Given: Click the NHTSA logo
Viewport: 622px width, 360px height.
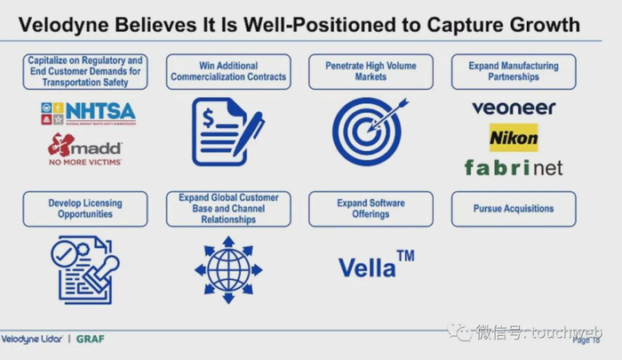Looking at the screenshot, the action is tap(87, 112).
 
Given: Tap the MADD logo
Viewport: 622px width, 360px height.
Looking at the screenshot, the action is tap(85, 148).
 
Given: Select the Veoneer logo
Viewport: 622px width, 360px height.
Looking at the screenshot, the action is tap(514, 108).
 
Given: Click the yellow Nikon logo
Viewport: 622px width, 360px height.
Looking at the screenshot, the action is tap(514, 138).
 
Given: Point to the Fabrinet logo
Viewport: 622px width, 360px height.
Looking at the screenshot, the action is tap(514, 166).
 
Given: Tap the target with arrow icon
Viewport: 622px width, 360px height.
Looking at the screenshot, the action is tap(370, 131).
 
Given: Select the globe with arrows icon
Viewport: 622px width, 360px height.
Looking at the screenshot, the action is tap(228, 268).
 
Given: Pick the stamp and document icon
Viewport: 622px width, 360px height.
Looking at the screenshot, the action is tap(84, 269).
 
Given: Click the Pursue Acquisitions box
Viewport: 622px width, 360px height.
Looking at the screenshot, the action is tap(514, 209).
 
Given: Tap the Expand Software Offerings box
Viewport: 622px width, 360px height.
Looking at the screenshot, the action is tap(371, 209).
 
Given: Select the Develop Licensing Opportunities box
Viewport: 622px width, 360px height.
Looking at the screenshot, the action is tap(85, 209).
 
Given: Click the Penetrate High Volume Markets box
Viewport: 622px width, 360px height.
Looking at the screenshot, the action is tap(371, 71).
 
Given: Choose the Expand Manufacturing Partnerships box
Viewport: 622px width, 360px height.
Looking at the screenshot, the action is tap(514, 71).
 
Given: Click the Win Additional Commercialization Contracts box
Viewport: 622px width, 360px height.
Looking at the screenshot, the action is tap(228, 71).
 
